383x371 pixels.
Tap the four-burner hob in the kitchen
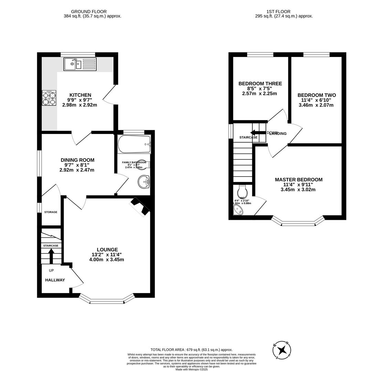(x=49, y=98)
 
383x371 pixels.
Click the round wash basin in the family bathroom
(x=144, y=182)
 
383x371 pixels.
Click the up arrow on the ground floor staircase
(x=51, y=256)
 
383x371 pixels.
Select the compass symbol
(x=282, y=350)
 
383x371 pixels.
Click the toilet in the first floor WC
(x=242, y=192)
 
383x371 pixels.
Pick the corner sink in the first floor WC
(x=238, y=210)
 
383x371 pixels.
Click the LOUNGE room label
(x=107, y=250)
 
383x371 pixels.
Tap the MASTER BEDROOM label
(x=298, y=180)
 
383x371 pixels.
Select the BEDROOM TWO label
(x=317, y=95)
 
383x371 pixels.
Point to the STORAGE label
(x=51, y=212)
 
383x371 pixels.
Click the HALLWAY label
(x=55, y=280)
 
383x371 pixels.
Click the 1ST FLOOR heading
(x=278, y=12)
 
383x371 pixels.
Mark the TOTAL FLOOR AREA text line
(x=191, y=350)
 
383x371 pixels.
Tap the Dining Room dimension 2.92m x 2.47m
(x=77, y=170)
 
